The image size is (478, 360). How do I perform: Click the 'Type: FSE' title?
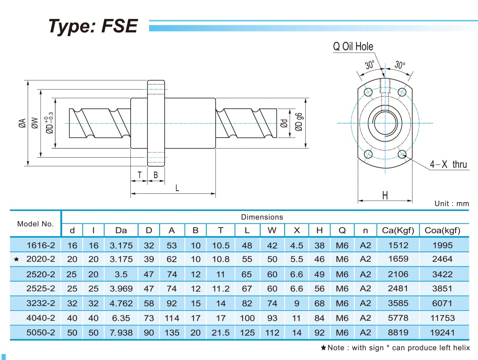[93, 26]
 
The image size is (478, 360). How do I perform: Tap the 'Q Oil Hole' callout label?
[353, 46]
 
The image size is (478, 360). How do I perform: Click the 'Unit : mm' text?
[451, 204]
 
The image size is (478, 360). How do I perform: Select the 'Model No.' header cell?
[35, 224]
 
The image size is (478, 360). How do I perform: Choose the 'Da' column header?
[121, 230]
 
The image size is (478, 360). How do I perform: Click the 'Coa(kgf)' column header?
[442, 230]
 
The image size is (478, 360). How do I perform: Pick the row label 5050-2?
[41, 333]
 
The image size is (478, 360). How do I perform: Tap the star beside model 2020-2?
[16, 259]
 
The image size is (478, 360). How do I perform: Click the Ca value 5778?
[398, 318]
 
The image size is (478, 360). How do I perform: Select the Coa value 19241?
[442, 333]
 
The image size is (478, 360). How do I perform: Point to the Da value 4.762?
[121, 304]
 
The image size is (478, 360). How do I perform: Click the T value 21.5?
[221, 333]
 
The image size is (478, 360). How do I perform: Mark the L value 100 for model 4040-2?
[247, 318]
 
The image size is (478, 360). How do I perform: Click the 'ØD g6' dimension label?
[299, 122]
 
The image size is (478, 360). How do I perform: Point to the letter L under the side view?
[177, 188]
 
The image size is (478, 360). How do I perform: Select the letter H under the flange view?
[385, 196]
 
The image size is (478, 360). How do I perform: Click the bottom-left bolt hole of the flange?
[368, 154]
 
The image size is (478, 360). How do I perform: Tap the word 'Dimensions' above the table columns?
[262, 217]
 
